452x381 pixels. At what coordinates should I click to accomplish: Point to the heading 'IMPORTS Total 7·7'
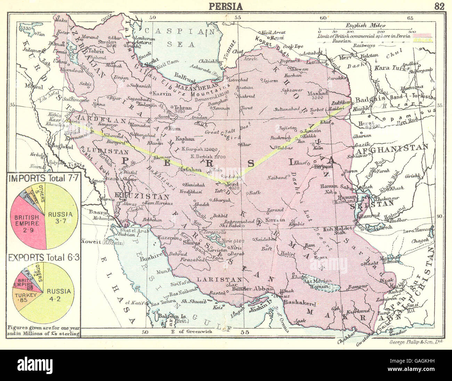[44, 179]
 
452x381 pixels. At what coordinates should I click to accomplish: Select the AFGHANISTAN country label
[391, 147]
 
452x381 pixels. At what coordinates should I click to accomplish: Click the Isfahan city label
[189, 170]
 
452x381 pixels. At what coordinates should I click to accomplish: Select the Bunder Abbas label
[246, 288]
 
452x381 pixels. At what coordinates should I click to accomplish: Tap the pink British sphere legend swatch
[422, 35]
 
